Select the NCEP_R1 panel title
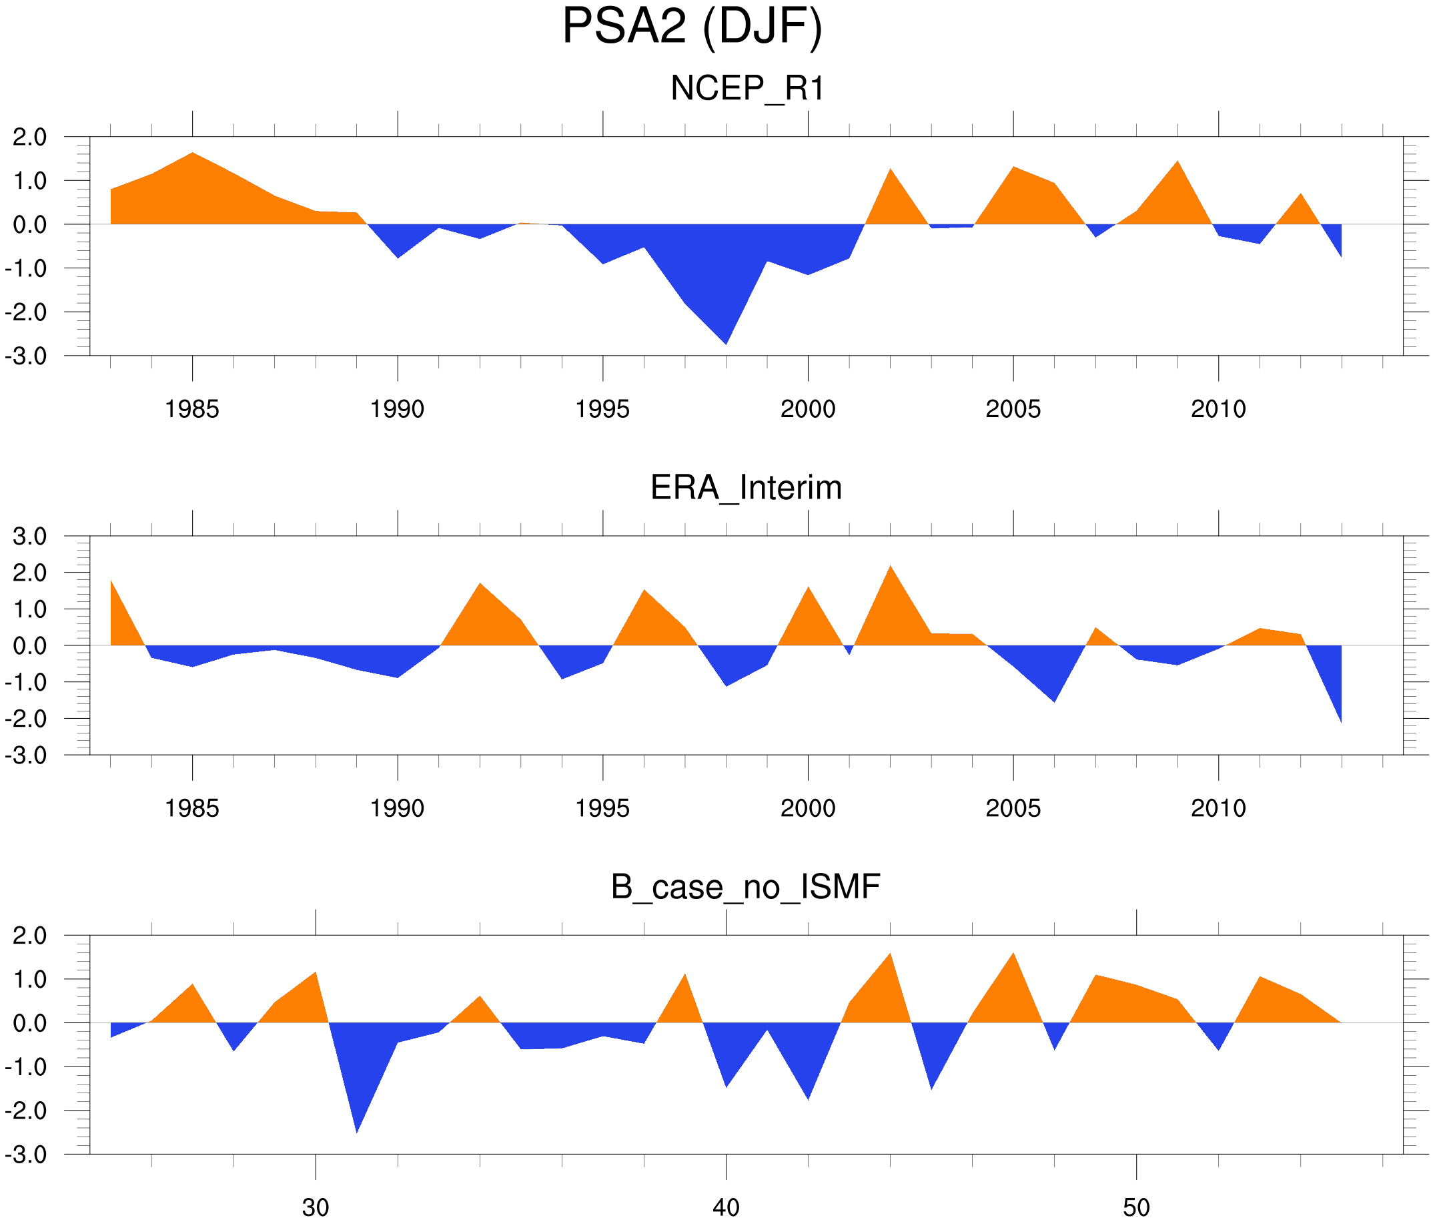coord(747,89)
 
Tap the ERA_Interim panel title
coord(746,488)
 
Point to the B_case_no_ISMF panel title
coord(745,887)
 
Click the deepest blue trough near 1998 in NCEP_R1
coord(726,340)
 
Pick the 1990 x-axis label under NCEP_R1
coord(397,409)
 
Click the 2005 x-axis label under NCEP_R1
coord(1013,409)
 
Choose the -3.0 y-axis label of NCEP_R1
coord(25,357)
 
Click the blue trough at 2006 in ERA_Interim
coord(1054,698)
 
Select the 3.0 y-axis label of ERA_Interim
coord(30,536)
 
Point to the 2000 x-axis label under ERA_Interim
coord(807,808)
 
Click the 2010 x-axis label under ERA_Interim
coord(1218,808)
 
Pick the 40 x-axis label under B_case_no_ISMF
coord(726,1207)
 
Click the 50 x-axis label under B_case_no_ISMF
coord(1136,1207)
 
